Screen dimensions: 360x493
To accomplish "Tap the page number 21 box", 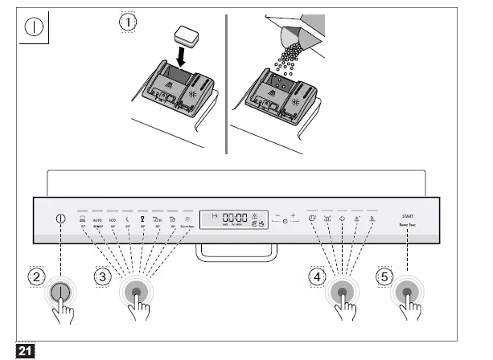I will point(25,350).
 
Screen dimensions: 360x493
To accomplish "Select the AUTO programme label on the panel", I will point(97,218).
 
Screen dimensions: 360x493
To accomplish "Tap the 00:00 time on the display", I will point(235,217).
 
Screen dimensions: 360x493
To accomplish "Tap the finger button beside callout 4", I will point(343,293).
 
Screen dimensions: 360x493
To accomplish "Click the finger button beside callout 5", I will point(408,293).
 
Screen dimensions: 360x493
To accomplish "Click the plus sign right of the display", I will point(294,215).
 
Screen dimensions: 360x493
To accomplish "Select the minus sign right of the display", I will point(276,215).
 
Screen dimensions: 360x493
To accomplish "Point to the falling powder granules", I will point(284,56).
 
